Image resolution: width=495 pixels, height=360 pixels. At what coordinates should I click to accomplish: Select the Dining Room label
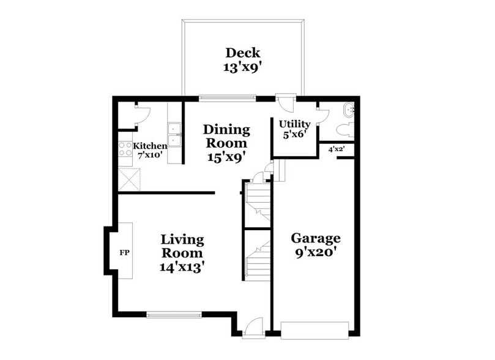[226, 136]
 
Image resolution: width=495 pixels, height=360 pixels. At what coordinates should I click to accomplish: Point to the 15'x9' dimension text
[226, 157]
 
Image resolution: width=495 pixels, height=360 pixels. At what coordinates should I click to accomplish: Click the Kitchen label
[150, 146]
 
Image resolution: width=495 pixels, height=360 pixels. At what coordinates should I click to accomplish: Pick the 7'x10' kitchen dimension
[150, 156]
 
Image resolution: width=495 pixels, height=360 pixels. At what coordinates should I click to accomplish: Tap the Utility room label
[294, 124]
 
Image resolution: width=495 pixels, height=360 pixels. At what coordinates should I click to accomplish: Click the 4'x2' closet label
[336, 149]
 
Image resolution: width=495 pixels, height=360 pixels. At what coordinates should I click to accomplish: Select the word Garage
[315, 238]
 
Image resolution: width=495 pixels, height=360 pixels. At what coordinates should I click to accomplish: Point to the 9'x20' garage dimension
[315, 252]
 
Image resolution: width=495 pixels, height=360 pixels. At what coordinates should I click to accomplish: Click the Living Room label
[182, 246]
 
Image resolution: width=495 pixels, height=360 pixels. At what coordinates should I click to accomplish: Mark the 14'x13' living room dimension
[182, 267]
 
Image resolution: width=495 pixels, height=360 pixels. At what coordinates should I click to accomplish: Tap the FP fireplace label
[124, 252]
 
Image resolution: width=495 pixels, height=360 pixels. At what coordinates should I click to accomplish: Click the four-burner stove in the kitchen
[125, 151]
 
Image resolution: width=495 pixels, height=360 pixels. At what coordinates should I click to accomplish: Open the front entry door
[252, 328]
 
